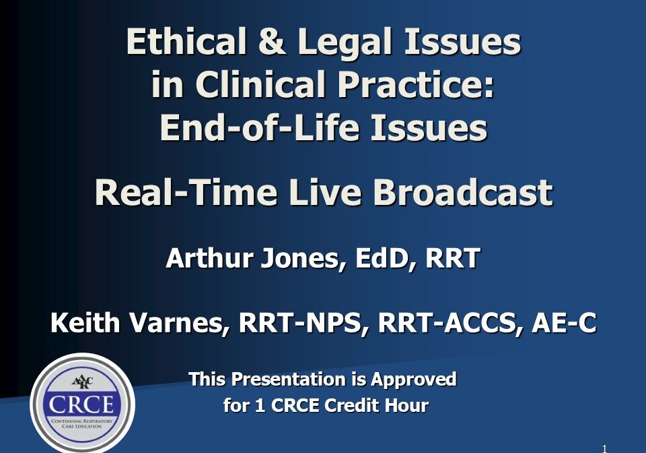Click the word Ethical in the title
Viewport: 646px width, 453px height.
pos(186,41)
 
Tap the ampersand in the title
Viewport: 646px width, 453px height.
pos(272,41)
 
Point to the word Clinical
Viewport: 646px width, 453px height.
pos(261,84)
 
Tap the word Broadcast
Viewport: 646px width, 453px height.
pos(463,192)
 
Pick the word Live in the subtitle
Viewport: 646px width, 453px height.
pos(325,192)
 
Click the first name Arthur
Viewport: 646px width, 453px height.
pos(209,258)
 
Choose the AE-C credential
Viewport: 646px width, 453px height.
pos(564,323)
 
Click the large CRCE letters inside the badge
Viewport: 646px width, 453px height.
pos(81,404)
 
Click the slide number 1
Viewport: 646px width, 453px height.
pos(604,449)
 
